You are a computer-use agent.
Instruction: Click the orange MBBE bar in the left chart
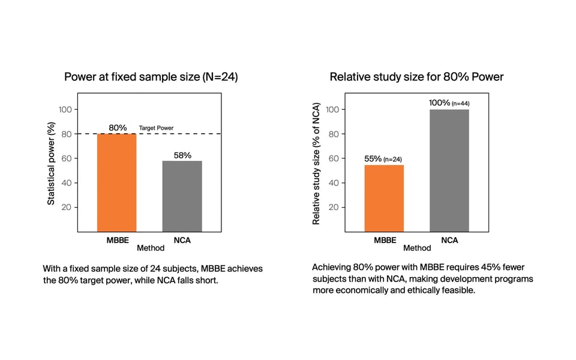(x=117, y=182)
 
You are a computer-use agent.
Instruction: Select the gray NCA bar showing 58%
(x=182, y=196)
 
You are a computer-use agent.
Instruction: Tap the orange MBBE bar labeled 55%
(x=384, y=199)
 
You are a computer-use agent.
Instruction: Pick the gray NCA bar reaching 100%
(x=449, y=170)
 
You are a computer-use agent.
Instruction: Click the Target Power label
(x=156, y=128)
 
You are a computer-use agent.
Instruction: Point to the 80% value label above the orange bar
(x=118, y=128)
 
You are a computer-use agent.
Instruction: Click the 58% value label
(x=182, y=155)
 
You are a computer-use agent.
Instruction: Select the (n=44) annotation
(x=461, y=104)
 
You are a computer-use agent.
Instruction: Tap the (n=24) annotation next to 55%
(x=392, y=160)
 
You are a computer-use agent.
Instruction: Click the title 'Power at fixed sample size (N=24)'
(x=151, y=77)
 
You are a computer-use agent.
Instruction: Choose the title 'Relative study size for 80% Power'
(x=416, y=77)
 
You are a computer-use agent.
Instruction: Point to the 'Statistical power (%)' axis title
(x=51, y=163)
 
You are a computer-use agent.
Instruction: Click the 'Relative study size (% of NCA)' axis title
(x=316, y=163)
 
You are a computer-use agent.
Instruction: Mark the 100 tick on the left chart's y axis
(x=65, y=109)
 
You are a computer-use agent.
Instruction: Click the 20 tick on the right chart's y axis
(x=334, y=207)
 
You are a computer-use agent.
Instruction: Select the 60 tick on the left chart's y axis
(x=67, y=158)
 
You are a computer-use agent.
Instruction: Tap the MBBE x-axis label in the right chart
(x=385, y=240)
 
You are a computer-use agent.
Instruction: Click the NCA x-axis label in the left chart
(x=182, y=240)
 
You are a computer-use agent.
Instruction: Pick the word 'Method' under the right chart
(x=417, y=248)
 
